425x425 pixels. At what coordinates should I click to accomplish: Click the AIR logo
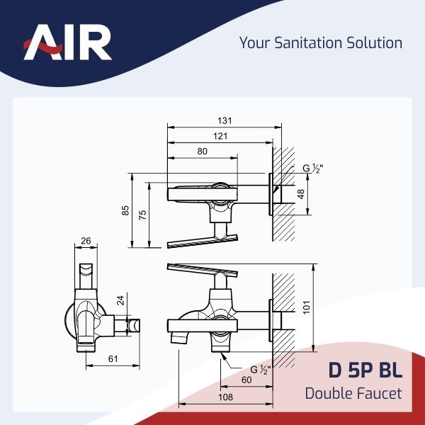tap(67, 42)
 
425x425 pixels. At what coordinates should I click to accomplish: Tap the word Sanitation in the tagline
tap(308, 42)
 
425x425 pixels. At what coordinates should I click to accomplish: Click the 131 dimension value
tap(225, 120)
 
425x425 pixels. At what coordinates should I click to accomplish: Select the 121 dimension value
tap(220, 136)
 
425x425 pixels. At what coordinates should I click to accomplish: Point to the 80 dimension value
tap(202, 152)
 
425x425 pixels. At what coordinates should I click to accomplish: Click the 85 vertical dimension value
tap(125, 210)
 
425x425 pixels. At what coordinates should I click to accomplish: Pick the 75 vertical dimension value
tap(142, 215)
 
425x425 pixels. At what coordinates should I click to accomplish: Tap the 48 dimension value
tap(301, 194)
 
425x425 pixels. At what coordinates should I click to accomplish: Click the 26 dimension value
tap(86, 241)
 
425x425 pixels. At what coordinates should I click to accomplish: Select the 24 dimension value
tap(120, 300)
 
